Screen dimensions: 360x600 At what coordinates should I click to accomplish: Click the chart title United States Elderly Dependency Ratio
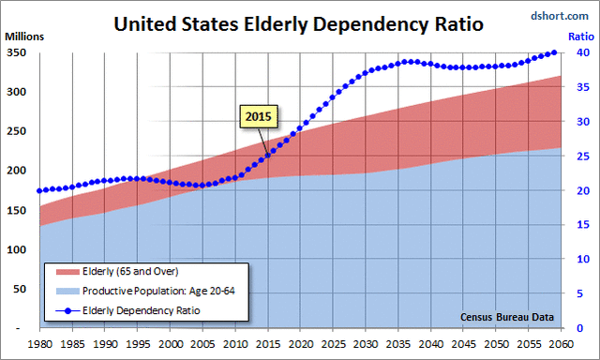coord(297,22)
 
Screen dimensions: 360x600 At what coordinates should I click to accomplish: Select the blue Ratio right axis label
coord(580,37)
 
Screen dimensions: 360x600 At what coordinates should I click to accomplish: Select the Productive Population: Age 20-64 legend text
coord(156,291)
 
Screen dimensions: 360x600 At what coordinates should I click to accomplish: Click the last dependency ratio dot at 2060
coord(554,53)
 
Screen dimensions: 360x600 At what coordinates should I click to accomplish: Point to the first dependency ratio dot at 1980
coord(40,190)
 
